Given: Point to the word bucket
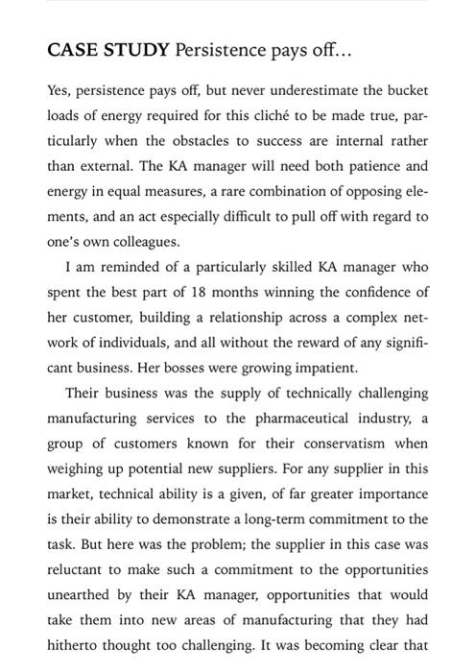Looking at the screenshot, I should [x=406, y=91].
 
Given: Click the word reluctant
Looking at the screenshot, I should [x=80, y=543].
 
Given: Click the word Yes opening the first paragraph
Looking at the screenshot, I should [x=59, y=91].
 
